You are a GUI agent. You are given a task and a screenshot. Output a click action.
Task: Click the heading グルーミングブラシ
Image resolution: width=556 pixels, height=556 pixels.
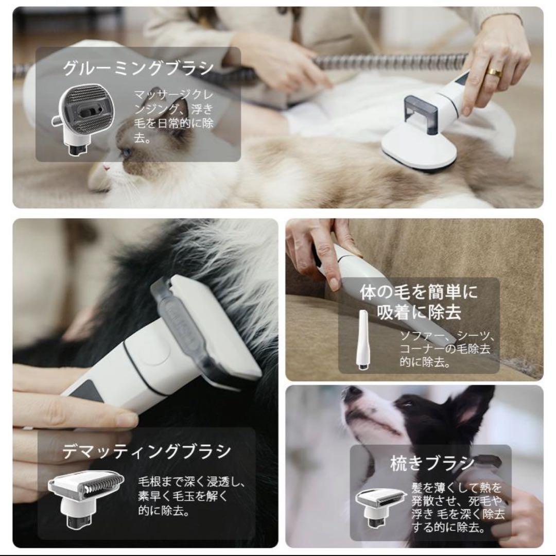[x=138, y=68]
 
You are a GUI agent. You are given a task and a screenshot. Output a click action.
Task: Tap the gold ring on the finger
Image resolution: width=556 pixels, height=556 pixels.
[x=494, y=73]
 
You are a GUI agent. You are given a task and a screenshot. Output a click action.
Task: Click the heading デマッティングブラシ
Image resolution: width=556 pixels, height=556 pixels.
[x=147, y=452]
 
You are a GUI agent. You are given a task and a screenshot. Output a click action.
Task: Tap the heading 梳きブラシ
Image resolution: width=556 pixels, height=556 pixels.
[x=432, y=463]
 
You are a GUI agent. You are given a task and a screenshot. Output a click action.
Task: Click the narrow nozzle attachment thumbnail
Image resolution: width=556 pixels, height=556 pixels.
[x=363, y=340]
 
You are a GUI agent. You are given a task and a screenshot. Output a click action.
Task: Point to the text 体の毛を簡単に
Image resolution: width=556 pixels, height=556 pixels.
[x=419, y=293]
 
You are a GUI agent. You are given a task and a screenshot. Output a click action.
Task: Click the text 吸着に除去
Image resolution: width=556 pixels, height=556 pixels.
[x=419, y=312]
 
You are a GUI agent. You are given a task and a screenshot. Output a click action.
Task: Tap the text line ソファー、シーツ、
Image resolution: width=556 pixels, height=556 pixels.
[x=447, y=337]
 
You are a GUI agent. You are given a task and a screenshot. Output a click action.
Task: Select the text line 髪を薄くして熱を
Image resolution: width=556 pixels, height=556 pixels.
[x=456, y=487]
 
